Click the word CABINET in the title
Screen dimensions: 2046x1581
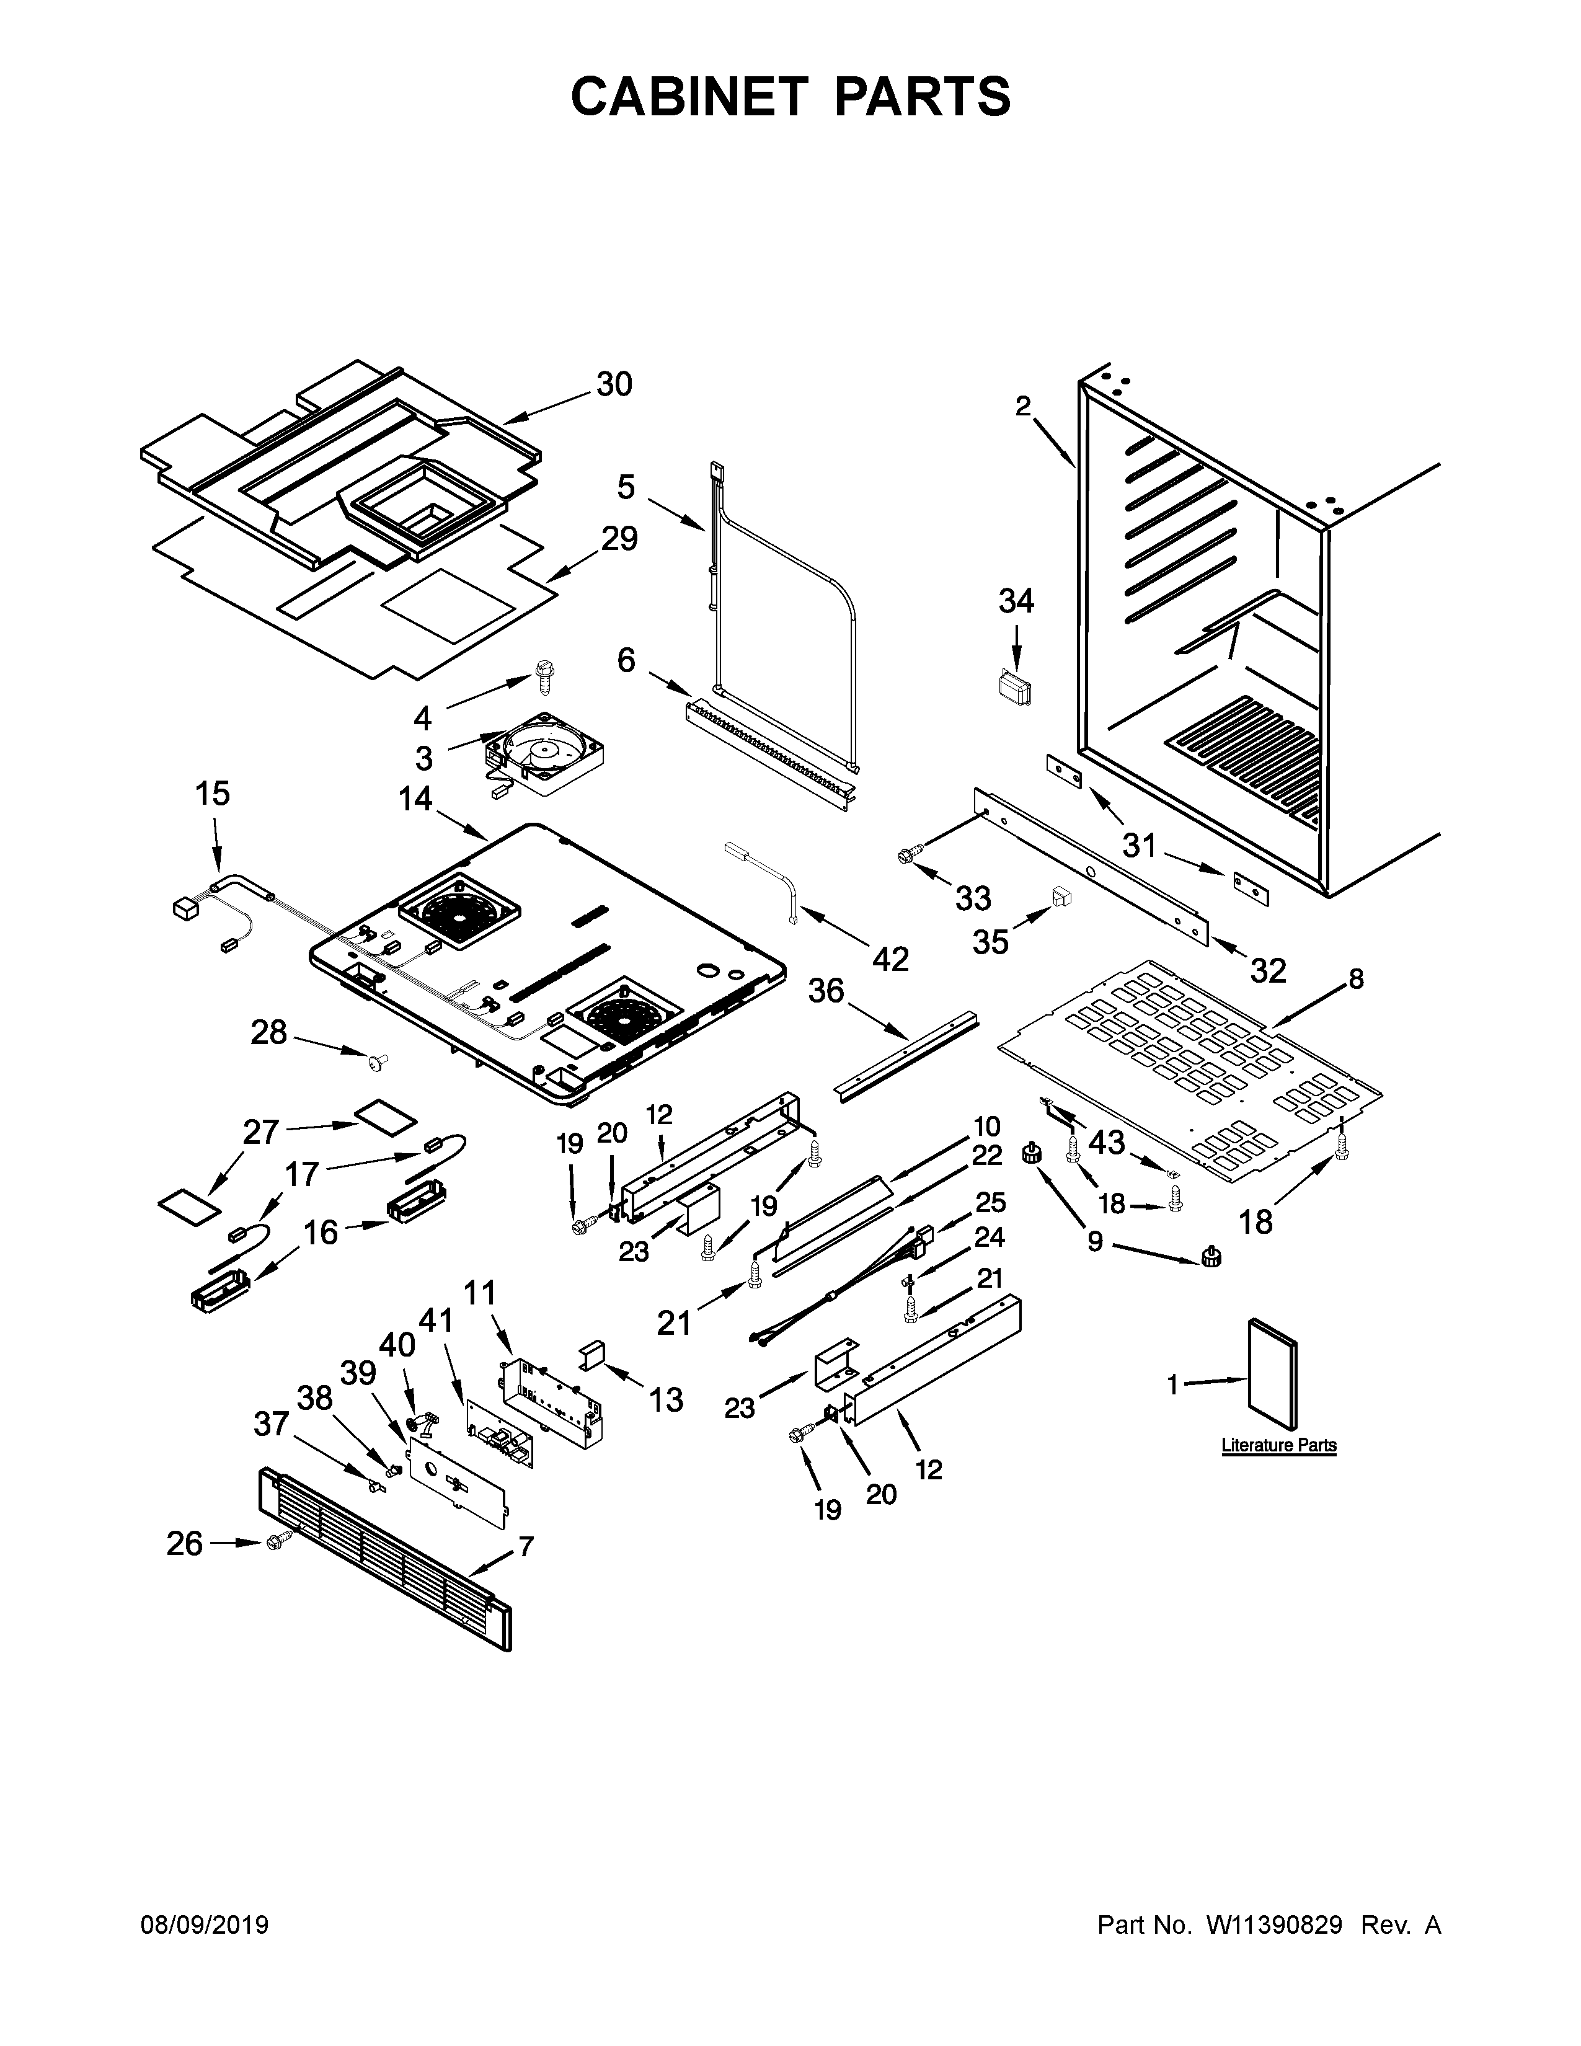tap(688, 97)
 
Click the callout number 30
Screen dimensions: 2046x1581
tap(614, 385)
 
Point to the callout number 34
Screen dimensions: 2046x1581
tap(1016, 601)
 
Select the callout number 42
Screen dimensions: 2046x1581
tap(891, 959)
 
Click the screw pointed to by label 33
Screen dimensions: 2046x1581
tap(906, 854)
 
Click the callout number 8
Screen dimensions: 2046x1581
tap(1356, 980)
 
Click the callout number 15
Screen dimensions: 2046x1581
tap(213, 794)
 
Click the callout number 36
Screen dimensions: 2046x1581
tap(826, 991)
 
